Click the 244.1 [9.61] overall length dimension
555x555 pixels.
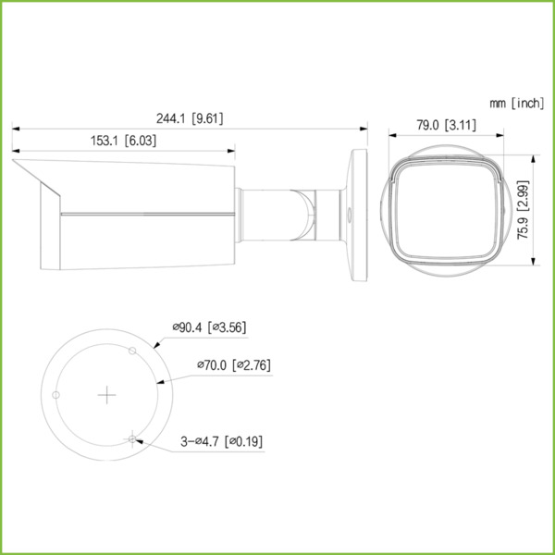click(x=191, y=117)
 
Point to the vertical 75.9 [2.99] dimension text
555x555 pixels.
click(x=524, y=210)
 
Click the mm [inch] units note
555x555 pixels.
click(x=516, y=103)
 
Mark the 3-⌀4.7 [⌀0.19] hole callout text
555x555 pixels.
click(x=221, y=441)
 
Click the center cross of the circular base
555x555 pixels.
click(x=109, y=395)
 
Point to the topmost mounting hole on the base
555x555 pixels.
click(x=133, y=351)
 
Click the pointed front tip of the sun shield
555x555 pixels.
click(x=15, y=164)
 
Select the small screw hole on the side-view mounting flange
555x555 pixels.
click(x=350, y=209)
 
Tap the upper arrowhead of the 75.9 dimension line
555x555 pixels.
click(x=533, y=157)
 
